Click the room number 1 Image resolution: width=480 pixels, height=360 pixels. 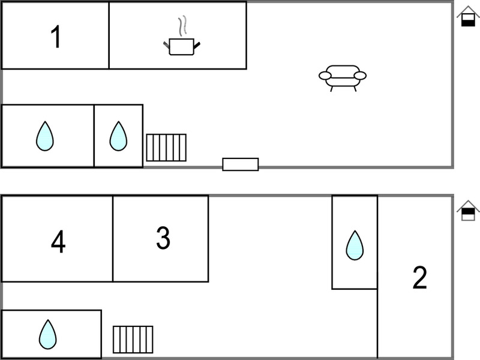tap(56, 37)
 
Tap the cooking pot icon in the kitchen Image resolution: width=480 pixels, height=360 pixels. tap(182, 47)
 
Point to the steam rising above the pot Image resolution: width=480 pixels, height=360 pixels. tap(182, 26)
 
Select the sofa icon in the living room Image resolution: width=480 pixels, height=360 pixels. tap(343, 78)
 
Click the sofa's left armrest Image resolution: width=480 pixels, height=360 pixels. tap(325, 76)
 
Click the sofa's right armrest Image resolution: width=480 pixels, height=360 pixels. tap(360, 76)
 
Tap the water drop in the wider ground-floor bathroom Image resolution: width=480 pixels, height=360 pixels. tap(45, 136)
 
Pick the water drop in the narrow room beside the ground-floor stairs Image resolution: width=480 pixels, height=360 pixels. tap(118, 136)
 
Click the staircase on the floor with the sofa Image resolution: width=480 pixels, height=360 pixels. tap(166, 148)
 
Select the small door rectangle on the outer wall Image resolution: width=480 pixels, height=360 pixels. tap(241, 164)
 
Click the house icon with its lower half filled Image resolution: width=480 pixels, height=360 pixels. tap(468, 16)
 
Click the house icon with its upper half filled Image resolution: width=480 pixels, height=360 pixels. tap(468, 211)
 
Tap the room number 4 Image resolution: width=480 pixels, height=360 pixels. tap(58, 242)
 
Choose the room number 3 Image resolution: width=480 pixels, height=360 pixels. tap(163, 238)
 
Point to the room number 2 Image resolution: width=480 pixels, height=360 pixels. tap(419, 277)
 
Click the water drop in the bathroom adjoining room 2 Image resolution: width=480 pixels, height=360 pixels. tap(355, 245)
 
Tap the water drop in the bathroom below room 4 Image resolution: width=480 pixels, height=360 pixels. tap(48, 334)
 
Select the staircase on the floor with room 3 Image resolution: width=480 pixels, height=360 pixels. tap(133, 340)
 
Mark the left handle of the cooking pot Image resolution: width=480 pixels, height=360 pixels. tap(166, 44)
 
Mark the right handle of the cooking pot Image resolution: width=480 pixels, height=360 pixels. tap(197, 46)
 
